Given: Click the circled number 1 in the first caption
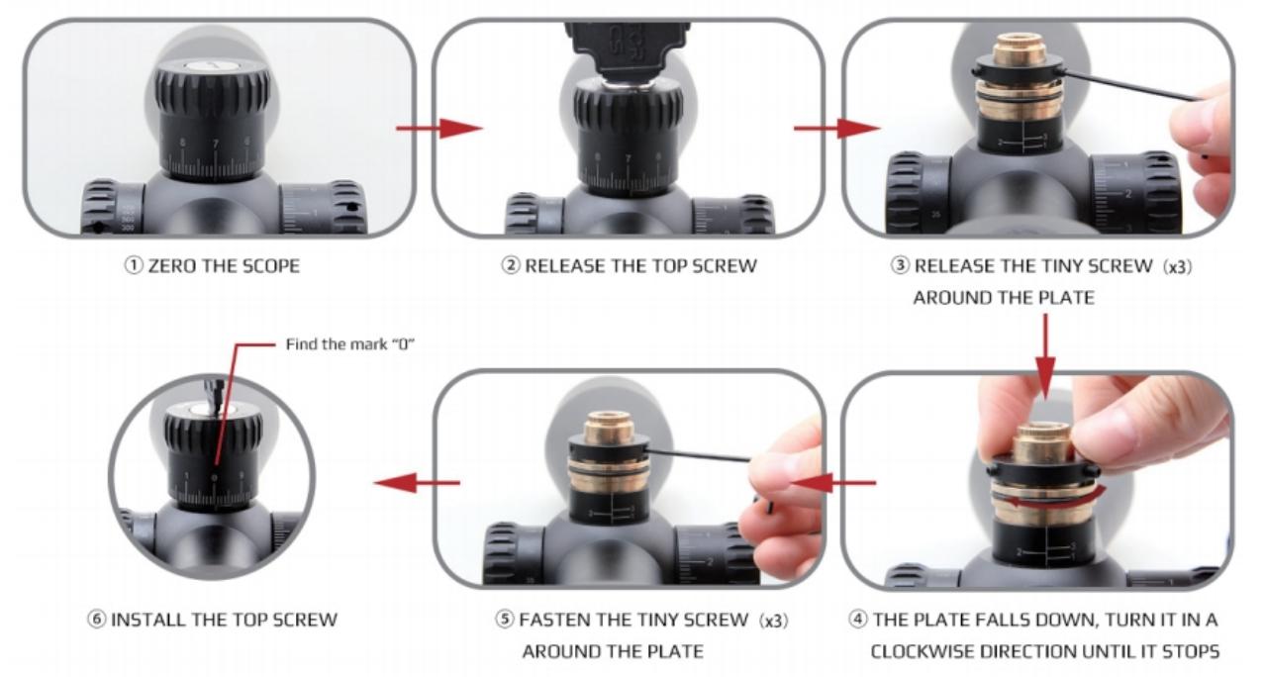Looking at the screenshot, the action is click(134, 265).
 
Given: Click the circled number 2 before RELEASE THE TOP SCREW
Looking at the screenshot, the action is click(510, 265).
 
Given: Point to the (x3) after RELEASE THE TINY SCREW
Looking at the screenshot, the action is click(1178, 267).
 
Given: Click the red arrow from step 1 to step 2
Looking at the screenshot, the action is click(439, 128).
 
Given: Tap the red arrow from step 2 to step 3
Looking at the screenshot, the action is click(836, 128).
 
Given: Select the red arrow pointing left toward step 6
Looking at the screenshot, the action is click(417, 483).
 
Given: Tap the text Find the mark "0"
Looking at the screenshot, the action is click(349, 344).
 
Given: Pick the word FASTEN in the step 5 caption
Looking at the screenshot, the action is click(552, 620).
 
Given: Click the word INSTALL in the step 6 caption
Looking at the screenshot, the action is click(147, 620).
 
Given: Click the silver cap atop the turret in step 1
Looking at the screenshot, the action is click(213, 66).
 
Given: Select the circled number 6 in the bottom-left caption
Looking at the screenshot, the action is click(96, 620).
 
